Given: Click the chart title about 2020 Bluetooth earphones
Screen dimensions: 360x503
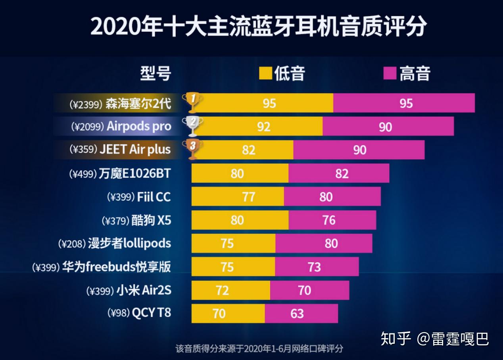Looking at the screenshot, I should click(258, 26).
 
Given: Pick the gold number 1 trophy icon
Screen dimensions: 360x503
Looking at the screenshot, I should click(192, 102).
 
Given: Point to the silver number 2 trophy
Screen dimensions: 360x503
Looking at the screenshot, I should click(192, 126).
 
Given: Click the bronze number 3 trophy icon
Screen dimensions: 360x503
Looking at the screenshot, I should click(192, 149).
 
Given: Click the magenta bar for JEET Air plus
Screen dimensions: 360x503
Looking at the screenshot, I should click(359, 150).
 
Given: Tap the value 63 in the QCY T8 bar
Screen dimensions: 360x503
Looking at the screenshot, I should click(297, 314).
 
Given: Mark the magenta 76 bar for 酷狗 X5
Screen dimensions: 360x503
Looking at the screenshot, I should click(332, 220).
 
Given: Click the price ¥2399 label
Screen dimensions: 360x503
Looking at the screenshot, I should click(86, 104).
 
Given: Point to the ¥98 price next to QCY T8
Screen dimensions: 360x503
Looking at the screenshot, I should click(118, 313).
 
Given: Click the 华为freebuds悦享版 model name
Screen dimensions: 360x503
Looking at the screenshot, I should click(116, 267).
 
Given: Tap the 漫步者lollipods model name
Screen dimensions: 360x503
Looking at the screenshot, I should click(129, 243).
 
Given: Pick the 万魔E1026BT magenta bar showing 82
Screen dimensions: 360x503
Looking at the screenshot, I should click(339, 173).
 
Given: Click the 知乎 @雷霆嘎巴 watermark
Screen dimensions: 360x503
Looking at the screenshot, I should click(435, 339).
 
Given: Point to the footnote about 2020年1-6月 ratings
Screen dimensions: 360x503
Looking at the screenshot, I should click(259, 349).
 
